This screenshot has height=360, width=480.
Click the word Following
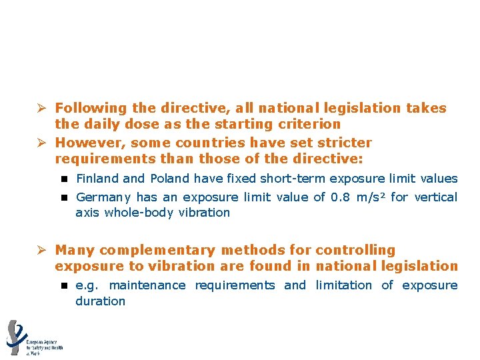[x=91, y=108]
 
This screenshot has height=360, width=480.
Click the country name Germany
[x=105, y=197]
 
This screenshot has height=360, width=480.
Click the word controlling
[x=355, y=251]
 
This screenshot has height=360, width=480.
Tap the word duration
[x=100, y=301]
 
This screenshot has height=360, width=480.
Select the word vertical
[x=436, y=197]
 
